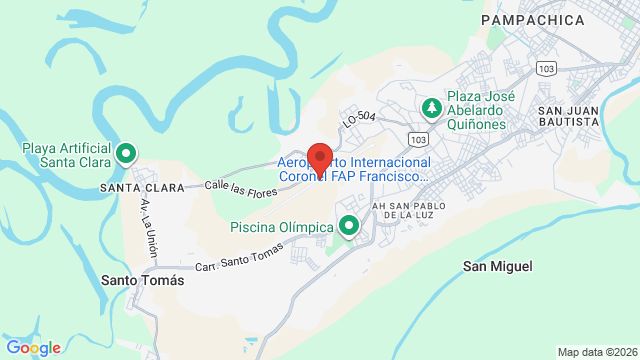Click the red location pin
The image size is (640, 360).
[319, 160]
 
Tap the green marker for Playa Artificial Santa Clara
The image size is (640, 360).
[126, 154]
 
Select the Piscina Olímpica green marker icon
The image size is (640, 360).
[349, 227]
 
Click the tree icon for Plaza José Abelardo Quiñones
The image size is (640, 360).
[431, 106]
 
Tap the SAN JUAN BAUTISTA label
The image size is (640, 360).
[568, 114]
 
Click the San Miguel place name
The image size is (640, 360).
[497, 266]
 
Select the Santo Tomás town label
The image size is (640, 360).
[143, 281]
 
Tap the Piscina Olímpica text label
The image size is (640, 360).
[281, 227]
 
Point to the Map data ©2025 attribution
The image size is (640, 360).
[596, 352]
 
